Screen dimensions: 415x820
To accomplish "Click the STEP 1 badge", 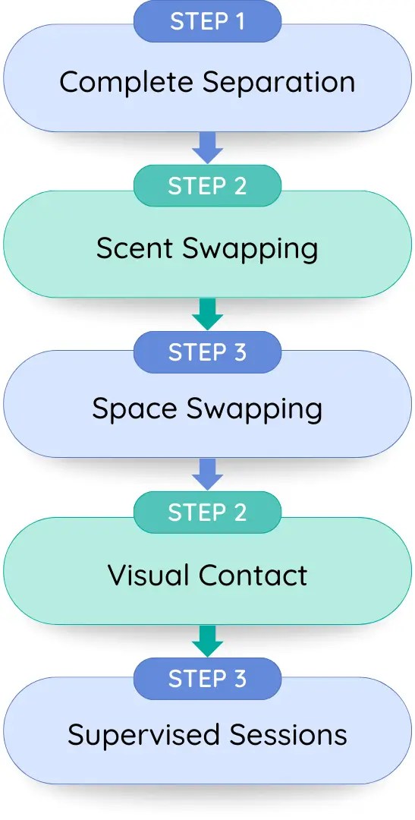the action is [208, 21].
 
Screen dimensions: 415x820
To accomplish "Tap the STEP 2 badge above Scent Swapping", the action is [208, 186].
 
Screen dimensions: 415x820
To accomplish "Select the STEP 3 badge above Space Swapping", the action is [208, 352].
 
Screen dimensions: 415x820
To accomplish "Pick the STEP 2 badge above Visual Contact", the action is [208, 512].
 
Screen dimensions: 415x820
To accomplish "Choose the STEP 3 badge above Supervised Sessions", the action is [208, 679].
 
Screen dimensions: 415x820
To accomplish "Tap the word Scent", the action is [135, 248].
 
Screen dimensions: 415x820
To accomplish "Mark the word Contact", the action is [253, 576].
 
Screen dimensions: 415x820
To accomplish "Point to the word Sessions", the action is [288, 735].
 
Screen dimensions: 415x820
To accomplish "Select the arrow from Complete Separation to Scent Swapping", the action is [208, 148].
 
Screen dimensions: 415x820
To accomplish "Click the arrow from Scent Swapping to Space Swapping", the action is [208, 314].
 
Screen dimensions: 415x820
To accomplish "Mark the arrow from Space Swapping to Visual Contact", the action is [208, 475].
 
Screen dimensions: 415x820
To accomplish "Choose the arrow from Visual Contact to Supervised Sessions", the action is [208, 641].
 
